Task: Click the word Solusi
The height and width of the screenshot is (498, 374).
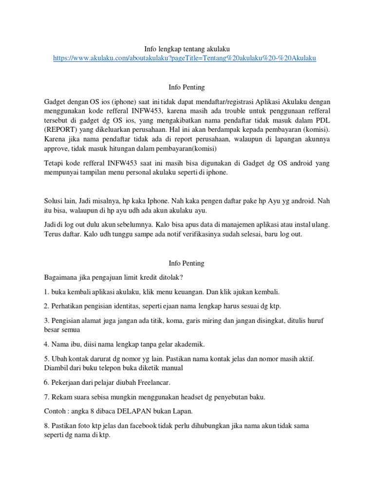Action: (54, 201)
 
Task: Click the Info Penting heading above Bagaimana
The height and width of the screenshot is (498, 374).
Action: (187, 263)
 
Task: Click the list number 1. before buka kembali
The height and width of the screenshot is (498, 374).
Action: (46, 292)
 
